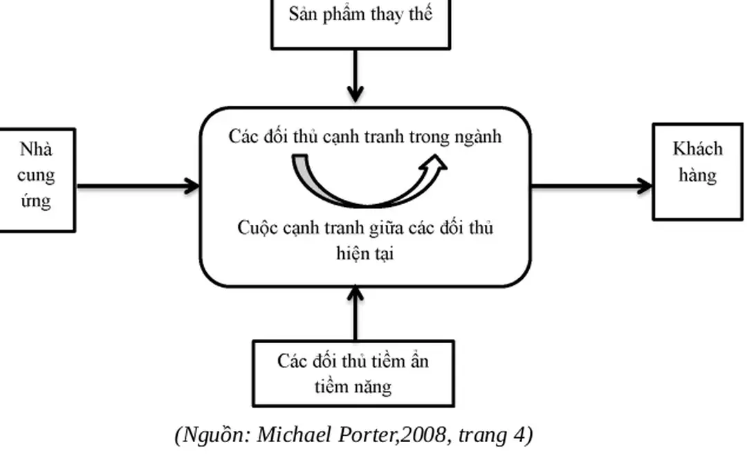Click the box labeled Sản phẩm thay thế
point(360,21)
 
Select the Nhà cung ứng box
point(36,179)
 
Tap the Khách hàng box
point(697,172)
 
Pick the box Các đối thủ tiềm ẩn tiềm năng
point(353,373)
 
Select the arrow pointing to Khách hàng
point(591,185)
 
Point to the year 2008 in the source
point(421,435)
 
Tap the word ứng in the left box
point(36,201)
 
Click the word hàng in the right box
point(697,175)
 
